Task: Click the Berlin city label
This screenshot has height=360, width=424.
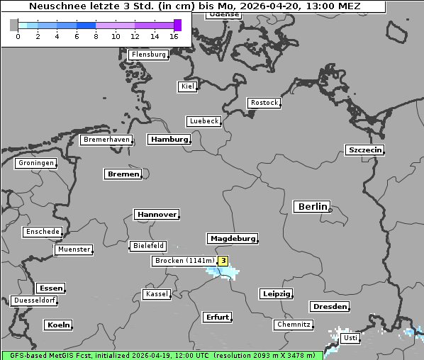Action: click(x=311, y=207)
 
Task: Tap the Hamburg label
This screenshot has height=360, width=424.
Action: click(x=169, y=140)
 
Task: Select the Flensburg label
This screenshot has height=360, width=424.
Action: click(x=148, y=55)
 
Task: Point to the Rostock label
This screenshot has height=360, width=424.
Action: click(x=264, y=103)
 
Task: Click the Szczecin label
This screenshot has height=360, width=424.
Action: click(x=364, y=150)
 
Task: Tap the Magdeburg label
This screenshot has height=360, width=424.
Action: click(x=232, y=239)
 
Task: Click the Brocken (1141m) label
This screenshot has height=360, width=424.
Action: click(x=184, y=261)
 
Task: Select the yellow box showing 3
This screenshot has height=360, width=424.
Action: click(x=223, y=261)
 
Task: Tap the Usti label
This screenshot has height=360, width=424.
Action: click(x=350, y=338)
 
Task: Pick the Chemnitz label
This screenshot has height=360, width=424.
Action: click(x=293, y=325)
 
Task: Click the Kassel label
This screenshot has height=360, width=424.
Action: click(x=156, y=294)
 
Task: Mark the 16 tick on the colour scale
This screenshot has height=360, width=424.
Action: click(x=174, y=36)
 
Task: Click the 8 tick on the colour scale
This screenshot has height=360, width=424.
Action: click(x=96, y=36)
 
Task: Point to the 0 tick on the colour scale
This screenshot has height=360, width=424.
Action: click(x=18, y=36)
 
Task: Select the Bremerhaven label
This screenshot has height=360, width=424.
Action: click(x=106, y=140)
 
